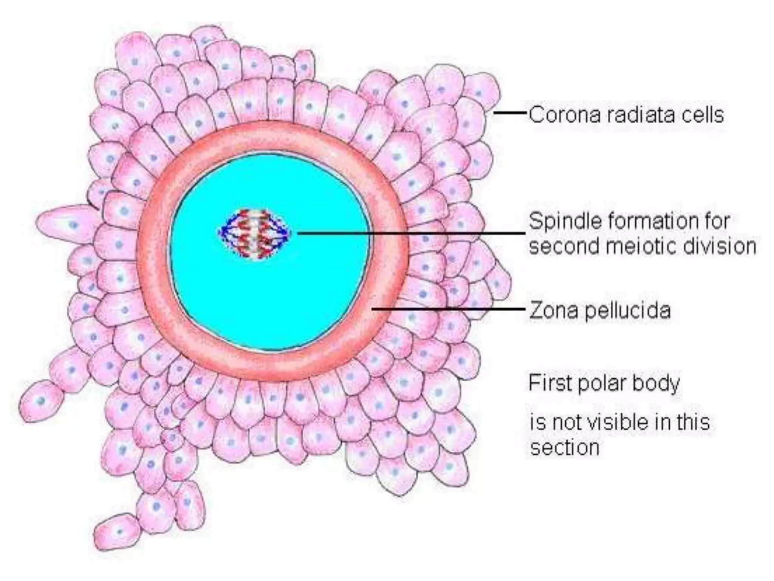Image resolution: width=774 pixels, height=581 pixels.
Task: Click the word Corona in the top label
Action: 564,115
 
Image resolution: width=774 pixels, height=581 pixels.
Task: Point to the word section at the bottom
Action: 565,448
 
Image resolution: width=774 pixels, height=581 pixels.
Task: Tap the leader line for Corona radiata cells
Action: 510,113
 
